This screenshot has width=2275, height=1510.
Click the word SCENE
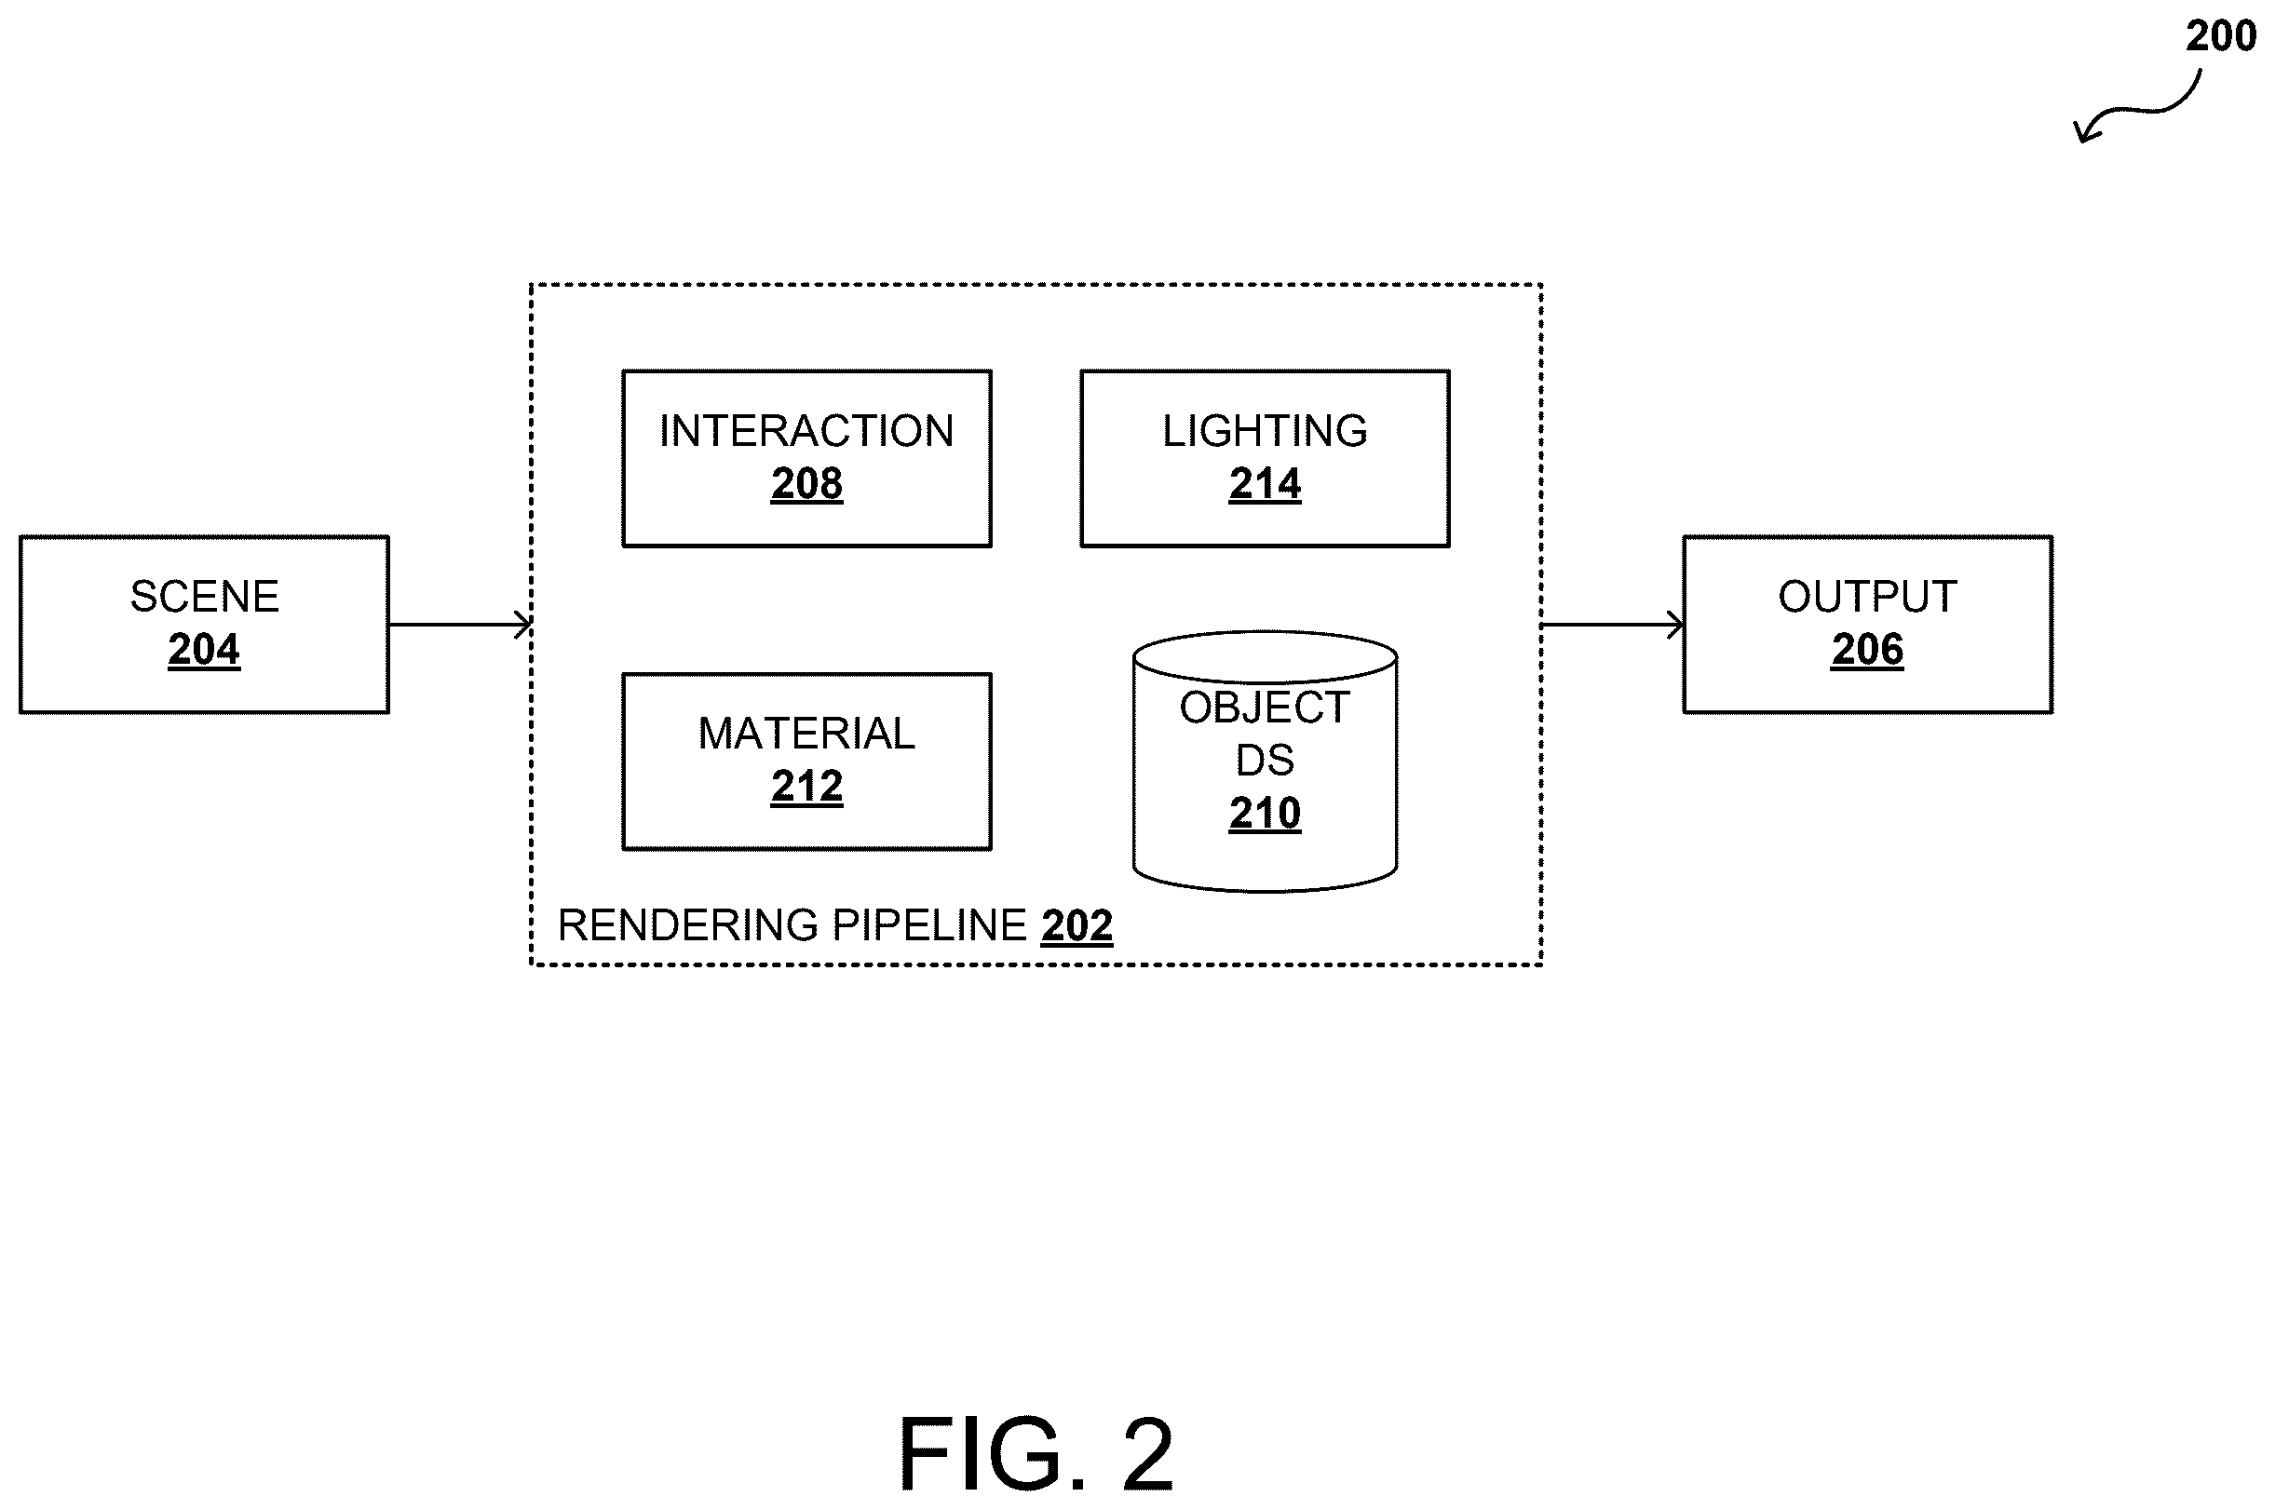204,597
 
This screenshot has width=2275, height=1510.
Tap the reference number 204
204,649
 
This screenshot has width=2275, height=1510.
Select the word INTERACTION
806,430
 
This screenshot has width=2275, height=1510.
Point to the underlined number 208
806,483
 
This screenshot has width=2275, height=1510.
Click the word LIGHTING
1265,430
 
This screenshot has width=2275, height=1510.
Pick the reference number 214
1265,483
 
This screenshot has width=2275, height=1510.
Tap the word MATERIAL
806,734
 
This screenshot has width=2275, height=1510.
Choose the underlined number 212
806,786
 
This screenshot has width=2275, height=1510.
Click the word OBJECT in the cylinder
1265,708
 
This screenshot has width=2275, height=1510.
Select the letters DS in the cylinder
1265,761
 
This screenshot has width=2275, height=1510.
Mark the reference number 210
1265,814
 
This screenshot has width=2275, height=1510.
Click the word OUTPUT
1867,597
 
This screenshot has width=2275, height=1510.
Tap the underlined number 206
1867,649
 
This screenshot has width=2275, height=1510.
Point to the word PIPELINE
929,925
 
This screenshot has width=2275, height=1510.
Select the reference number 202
1077,926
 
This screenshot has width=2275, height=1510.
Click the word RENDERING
687,925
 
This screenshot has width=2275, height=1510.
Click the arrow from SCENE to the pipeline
460,625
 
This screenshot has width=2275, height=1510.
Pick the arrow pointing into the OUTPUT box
1613,625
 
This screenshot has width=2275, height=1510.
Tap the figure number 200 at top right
2220,35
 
